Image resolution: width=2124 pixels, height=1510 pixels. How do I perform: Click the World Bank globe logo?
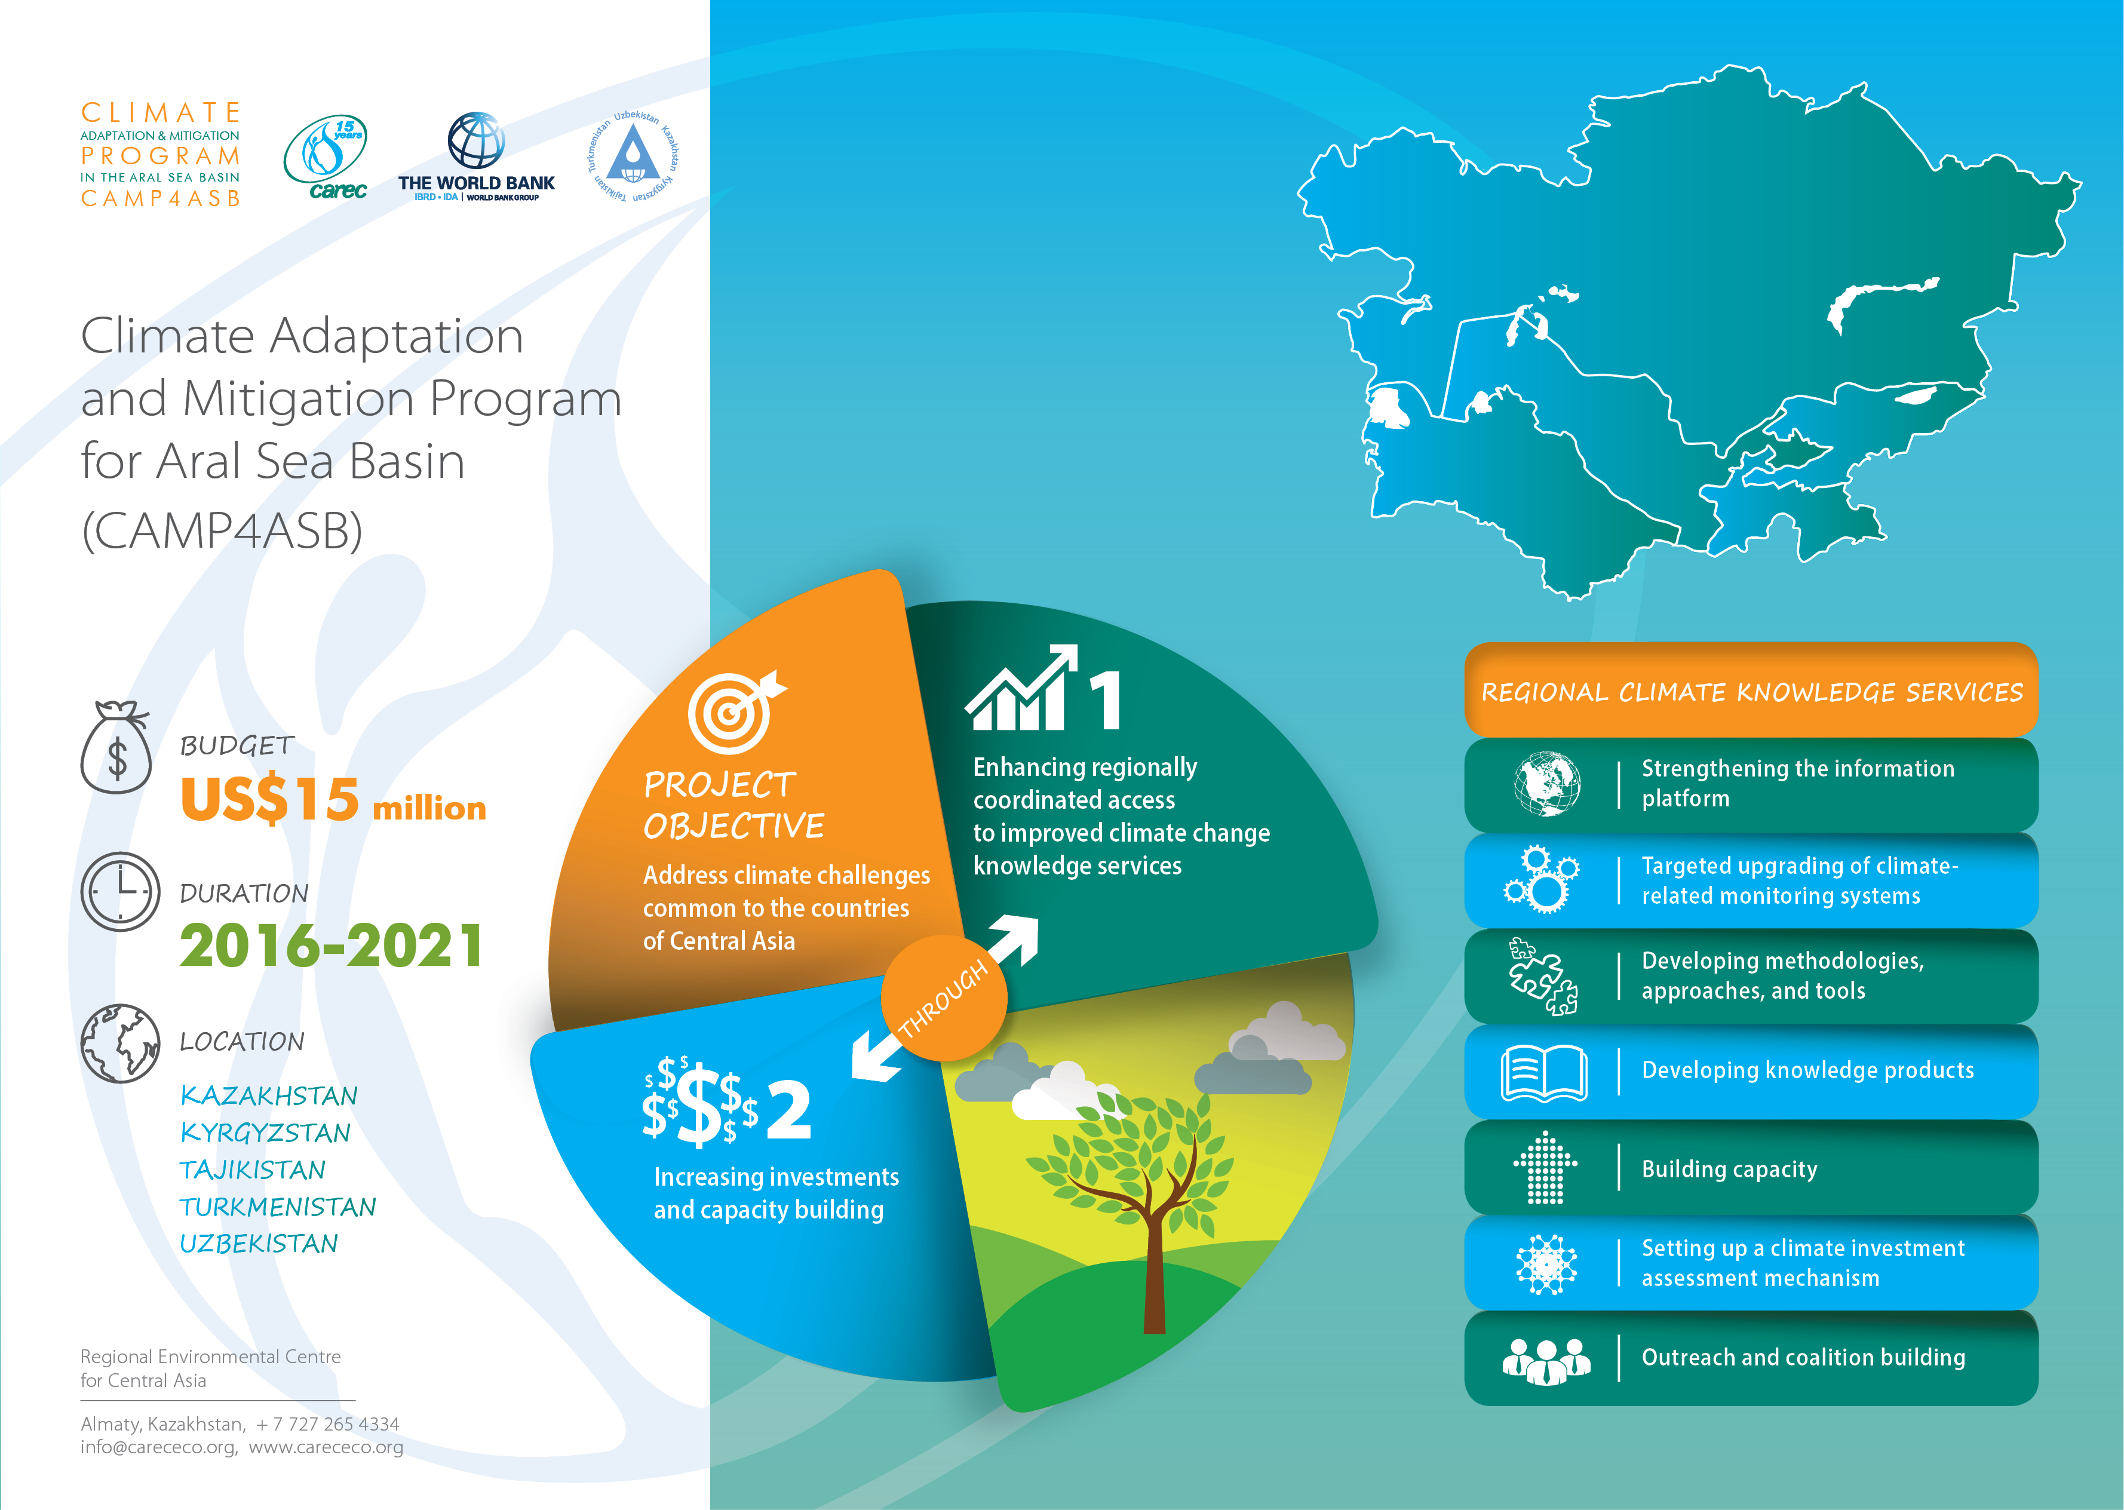tap(476, 140)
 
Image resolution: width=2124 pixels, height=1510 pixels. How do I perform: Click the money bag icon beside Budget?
tap(116, 748)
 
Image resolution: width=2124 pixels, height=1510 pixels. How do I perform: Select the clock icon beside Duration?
tap(121, 892)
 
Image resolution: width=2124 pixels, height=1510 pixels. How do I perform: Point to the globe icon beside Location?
tap(121, 1044)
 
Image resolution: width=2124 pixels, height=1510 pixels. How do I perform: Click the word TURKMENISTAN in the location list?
tap(278, 1207)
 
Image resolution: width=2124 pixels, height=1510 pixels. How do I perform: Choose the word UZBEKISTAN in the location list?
tap(259, 1244)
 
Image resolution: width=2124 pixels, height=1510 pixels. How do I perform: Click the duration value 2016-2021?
tap(331, 946)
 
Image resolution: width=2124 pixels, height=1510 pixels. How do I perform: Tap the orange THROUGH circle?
tap(944, 998)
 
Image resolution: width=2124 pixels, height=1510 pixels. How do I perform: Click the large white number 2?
tap(788, 1109)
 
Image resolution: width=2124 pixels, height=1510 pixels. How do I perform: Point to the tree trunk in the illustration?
tap(1153, 1265)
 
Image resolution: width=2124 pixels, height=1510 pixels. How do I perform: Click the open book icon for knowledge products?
tap(1544, 1073)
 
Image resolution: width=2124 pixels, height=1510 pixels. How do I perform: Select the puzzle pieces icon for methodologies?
tap(1543, 976)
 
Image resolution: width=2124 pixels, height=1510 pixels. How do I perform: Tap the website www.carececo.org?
tap(326, 1448)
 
